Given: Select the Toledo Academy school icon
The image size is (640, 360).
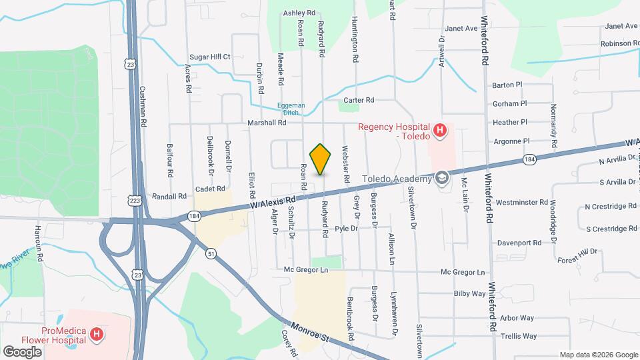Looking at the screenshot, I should (x=441, y=178).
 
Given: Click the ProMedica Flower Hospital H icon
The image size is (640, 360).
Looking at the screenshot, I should (x=97, y=333).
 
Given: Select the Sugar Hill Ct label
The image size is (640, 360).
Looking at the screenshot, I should (x=210, y=57).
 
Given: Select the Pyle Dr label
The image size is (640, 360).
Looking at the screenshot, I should (x=347, y=229).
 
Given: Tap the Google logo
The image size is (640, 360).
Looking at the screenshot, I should (x=22, y=351).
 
